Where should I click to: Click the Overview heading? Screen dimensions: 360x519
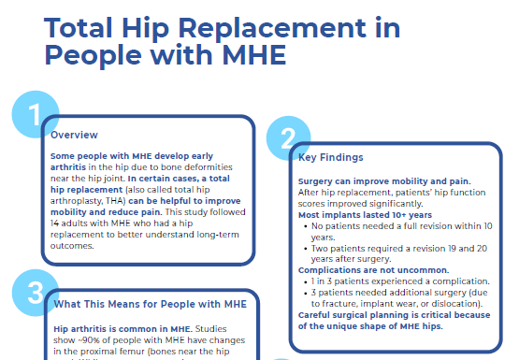click(x=75, y=135)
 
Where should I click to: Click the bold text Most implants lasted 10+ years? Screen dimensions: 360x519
click(x=355, y=214)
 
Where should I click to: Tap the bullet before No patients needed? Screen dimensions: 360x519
click(x=302, y=225)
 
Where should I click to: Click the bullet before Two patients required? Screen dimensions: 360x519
click(x=302, y=248)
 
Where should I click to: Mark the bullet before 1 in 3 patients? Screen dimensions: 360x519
click(x=302, y=281)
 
